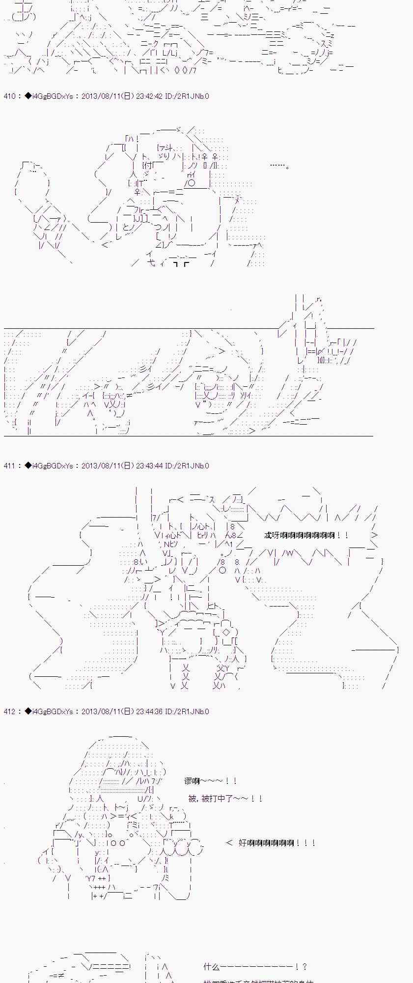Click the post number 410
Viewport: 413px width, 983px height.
tap(10, 96)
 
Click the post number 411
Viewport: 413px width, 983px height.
tap(10, 465)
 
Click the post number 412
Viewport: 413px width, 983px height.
tap(10, 711)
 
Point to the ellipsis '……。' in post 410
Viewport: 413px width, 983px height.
tap(279, 166)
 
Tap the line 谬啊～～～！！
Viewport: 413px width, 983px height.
tap(211, 781)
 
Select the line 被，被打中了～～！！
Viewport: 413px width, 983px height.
tap(225, 799)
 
